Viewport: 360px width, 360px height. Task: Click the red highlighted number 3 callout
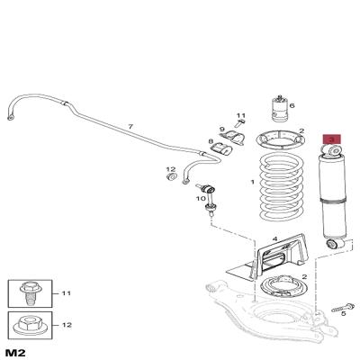click(331, 139)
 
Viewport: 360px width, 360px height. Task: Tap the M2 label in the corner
click(15, 352)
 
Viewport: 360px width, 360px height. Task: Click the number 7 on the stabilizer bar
click(130, 127)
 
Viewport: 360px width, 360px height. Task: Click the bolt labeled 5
click(343, 308)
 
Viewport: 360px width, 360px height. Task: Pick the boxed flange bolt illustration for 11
click(30, 292)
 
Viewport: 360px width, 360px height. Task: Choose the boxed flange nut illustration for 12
click(30, 325)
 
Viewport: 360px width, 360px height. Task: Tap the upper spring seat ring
click(281, 139)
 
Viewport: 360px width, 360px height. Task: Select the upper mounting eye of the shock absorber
click(331, 150)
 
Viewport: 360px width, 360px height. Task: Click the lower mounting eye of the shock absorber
click(334, 244)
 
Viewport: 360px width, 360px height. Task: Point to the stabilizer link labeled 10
click(208, 199)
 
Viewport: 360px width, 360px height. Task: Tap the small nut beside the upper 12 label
click(171, 177)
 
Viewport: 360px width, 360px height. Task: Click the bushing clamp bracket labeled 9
click(234, 139)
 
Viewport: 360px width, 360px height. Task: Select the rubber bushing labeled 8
click(220, 148)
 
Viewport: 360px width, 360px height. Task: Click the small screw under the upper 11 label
click(239, 122)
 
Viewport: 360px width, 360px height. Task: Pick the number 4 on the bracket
click(274, 238)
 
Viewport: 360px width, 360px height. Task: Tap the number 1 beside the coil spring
click(252, 182)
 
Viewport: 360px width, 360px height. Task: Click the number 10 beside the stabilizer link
click(201, 199)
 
